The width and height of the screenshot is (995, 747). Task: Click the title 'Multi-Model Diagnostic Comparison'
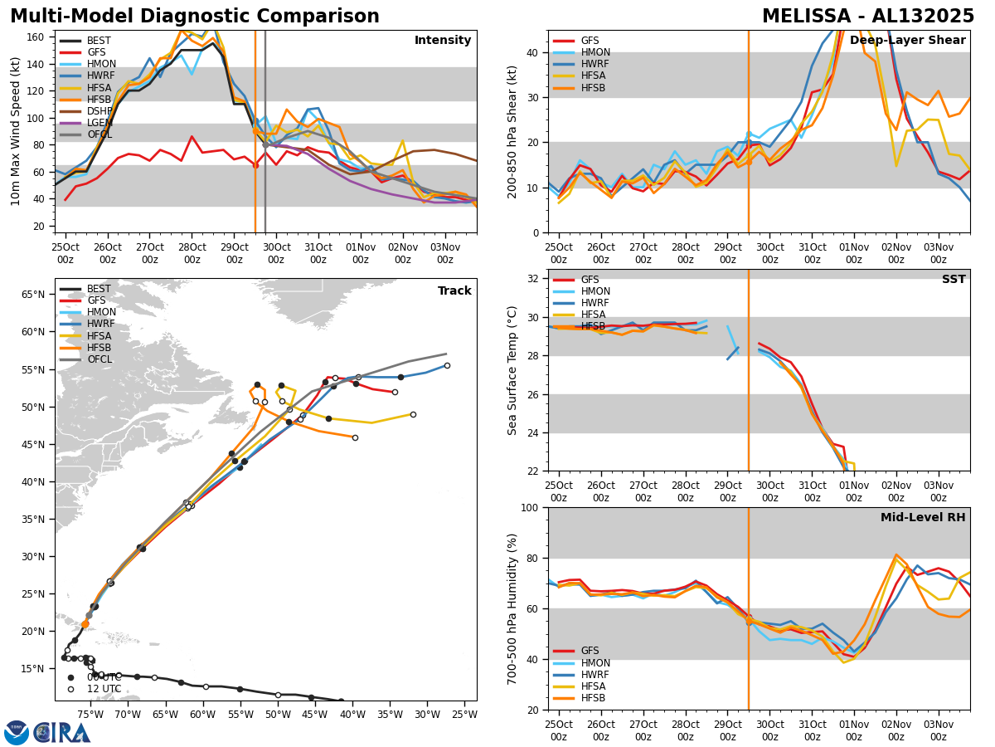coord(194,17)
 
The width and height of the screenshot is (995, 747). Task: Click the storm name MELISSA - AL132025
coord(868,17)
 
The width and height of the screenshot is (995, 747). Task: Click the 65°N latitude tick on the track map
coord(33,295)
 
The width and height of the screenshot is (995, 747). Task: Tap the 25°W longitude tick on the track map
coord(464,714)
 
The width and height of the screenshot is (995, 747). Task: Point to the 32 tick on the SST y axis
coord(533,279)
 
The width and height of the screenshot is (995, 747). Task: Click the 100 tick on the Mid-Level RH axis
coord(530,508)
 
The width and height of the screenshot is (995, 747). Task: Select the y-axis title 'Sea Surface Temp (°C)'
coord(512,370)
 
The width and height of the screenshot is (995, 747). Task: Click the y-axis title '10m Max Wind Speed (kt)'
coord(15,131)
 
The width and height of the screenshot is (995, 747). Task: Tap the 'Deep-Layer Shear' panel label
coord(907,41)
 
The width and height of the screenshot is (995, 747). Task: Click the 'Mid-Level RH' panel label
coord(923,518)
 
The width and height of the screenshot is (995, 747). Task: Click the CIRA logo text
coord(62,732)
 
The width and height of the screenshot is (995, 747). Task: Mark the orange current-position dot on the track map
coord(85,623)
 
